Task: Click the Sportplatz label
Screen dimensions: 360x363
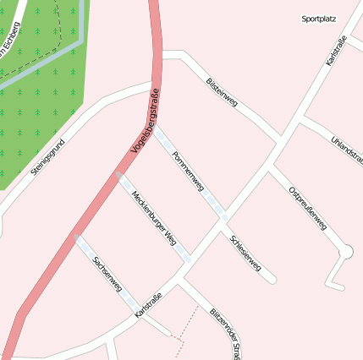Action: click(318, 18)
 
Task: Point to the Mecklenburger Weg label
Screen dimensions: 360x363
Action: click(152, 215)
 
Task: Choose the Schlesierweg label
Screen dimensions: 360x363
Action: click(245, 255)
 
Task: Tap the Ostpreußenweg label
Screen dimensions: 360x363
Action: click(307, 208)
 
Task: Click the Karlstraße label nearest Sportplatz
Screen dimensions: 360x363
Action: click(337, 50)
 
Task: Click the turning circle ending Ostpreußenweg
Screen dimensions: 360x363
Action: click(345, 252)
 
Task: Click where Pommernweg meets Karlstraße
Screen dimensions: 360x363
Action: click(223, 217)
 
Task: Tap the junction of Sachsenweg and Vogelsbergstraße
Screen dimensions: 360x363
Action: click(74, 237)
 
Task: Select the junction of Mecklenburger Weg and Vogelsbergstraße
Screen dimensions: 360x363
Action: click(118, 176)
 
